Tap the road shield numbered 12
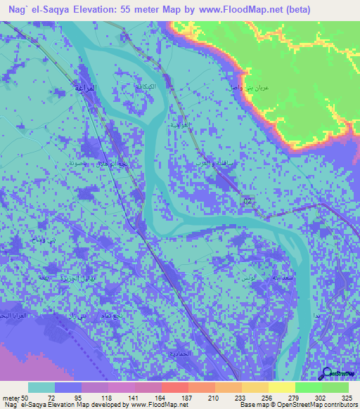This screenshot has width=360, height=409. click(246, 202)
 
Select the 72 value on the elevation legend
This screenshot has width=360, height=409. click(51, 397)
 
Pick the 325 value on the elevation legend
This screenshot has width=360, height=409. click(349, 397)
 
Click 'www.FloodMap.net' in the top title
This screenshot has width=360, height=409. click(233, 11)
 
